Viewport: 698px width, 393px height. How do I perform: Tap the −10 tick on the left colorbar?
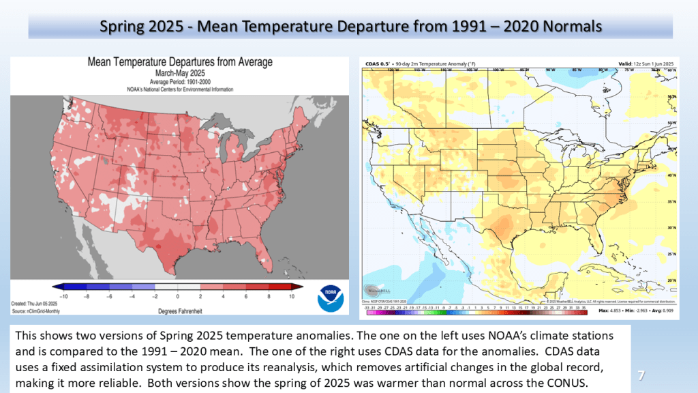click(x=65, y=297)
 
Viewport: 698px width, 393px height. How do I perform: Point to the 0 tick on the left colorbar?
click(x=177, y=297)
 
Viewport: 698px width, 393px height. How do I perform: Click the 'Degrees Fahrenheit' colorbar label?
click(x=177, y=309)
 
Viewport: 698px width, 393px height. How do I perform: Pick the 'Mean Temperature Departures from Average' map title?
click(x=180, y=62)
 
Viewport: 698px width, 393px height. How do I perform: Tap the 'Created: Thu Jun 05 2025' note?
click(x=33, y=303)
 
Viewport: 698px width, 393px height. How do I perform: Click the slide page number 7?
click(x=641, y=375)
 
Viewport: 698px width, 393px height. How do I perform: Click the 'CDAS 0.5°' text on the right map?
click(x=373, y=62)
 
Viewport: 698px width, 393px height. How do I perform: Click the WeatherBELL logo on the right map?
click(x=375, y=291)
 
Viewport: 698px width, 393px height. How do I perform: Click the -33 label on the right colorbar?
click(x=367, y=308)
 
